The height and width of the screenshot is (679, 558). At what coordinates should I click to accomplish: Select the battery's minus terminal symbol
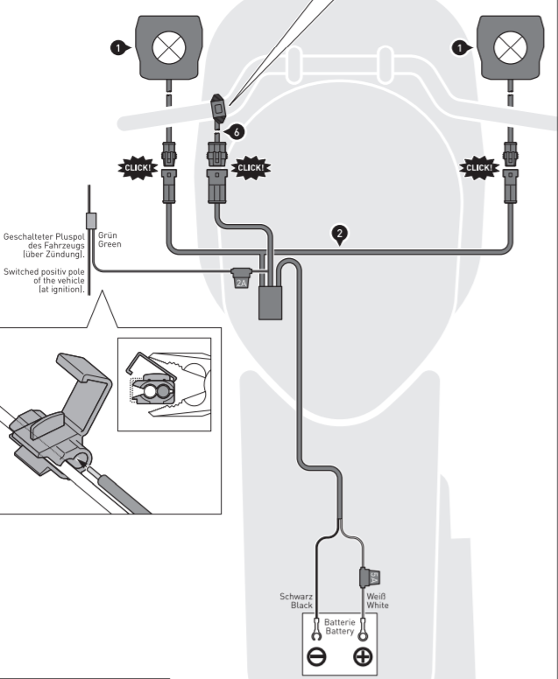click(316, 657)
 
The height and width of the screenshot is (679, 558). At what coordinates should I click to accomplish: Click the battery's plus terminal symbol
click(362, 657)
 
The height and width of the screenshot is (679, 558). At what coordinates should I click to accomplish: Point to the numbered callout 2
click(341, 234)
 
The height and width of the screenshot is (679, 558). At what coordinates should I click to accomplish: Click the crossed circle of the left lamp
click(166, 47)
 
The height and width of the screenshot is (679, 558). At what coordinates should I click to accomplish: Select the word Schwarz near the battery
click(296, 596)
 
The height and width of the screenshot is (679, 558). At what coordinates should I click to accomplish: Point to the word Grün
click(108, 235)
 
